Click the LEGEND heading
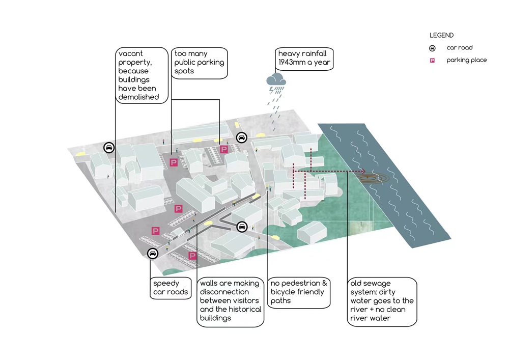tap(441, 36)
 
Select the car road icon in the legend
tap(432, 48)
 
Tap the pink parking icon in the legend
tap(432, 61)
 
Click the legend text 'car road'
tap(460, 48)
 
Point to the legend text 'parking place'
tap(467, 60)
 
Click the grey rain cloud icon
tap(275, 79)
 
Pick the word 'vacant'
tap(131, 53)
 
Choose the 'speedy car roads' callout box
tap(171, 288)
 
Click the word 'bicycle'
tap(284, 292)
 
